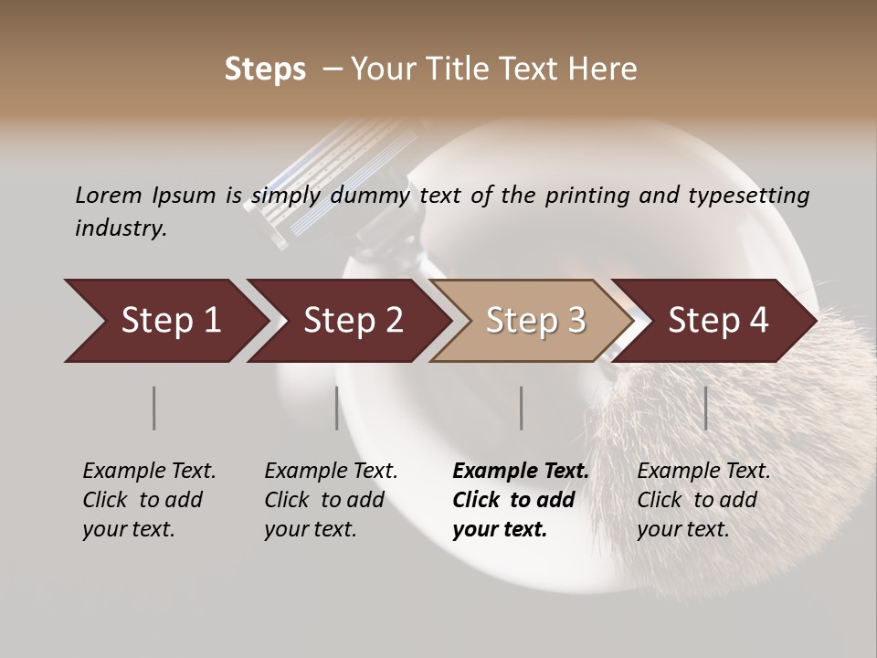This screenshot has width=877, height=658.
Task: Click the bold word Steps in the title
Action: (x=265, y=69)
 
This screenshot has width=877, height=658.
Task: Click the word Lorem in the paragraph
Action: (x=109, y=195)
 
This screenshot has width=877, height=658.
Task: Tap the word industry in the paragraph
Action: (x=121, y=228)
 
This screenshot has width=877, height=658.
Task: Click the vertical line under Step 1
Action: (x=154, y=408)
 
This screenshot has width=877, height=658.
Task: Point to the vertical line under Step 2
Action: (x=337, y=408)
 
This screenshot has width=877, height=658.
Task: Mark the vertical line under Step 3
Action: (x=522, y=408)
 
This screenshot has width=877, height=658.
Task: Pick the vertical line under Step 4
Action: (x=706, y=408)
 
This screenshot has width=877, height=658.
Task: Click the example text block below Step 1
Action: (x=149, y=500)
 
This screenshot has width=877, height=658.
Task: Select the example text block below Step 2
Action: (x=331, y=500)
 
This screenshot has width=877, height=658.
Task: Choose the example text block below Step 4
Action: (x=703, y=500)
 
